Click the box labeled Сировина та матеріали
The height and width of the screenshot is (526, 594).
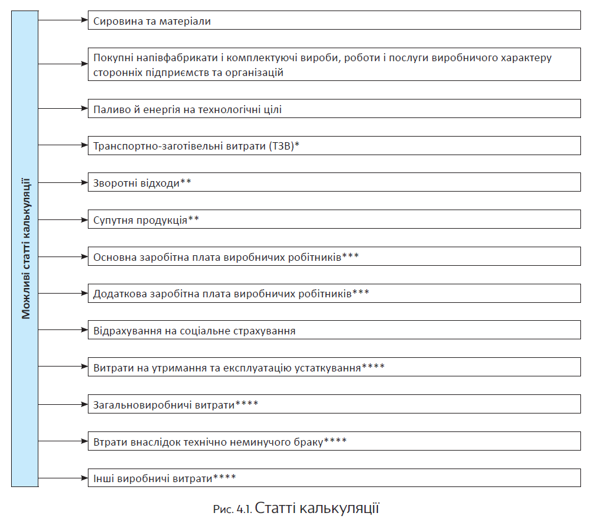(334, 20)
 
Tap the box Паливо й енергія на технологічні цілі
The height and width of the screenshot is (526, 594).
(334, 109)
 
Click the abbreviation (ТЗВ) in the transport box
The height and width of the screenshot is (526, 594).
(282, 146)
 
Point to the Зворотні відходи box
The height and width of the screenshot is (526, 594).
(334, 182)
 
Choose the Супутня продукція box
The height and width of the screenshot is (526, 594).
(334, 219)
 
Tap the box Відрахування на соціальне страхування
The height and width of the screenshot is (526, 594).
(334, 330)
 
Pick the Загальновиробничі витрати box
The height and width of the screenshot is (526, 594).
(334, 404)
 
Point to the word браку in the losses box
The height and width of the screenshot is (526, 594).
(308, 441)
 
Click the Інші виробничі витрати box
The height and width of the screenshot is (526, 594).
(334, 478)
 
